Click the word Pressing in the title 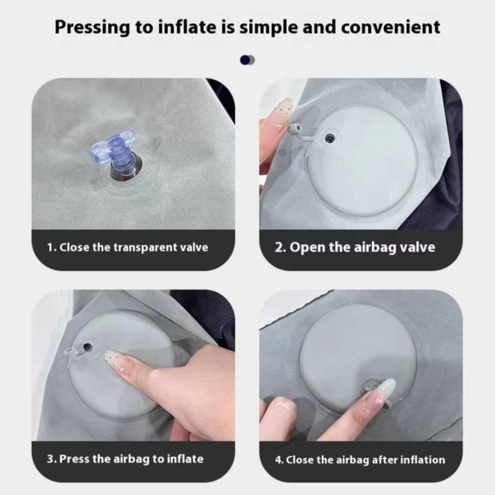click(92, 27)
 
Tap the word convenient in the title click(390, 27)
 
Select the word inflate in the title click(187, 27)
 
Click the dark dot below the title click(246, 60)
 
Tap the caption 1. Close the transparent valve click(128, 247)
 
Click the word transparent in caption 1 click(145, 247)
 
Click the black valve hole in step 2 click(330, 138)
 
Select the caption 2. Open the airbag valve click(355, 247)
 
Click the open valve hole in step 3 click(87, 347)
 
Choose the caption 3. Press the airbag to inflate click(125, 459)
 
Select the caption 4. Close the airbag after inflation click(360, 460)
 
